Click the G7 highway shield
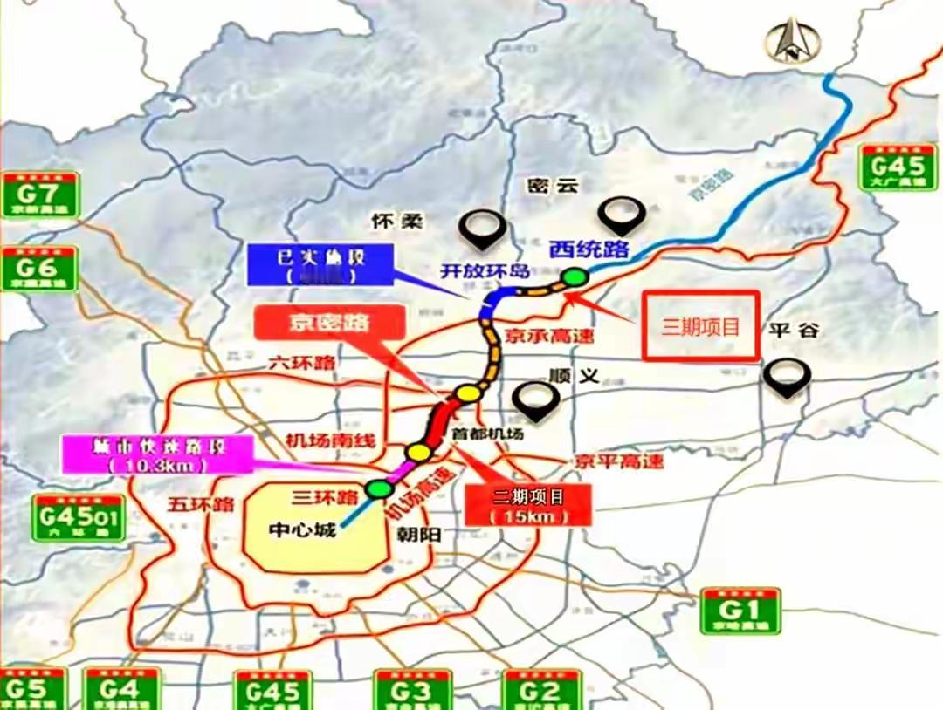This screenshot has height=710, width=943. coord(40,195)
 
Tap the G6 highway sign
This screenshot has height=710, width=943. coord(40,268)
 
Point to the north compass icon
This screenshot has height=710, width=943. coord(791,40)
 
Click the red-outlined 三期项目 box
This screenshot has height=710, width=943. coord(700,326)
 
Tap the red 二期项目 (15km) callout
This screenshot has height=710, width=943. coord(528,505)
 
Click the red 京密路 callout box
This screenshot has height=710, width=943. coord(330,322)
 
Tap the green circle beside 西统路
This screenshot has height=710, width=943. coord(574,277)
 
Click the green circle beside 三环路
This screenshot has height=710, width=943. coord(378,488)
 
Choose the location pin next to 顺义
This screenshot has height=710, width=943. coord(534,399)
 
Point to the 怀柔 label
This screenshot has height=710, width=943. coord(396,221)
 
